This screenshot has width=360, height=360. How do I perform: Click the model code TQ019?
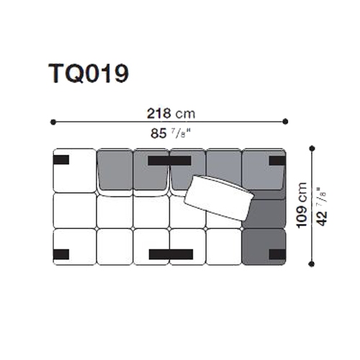[89, 73]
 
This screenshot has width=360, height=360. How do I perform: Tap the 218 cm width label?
[171, 114]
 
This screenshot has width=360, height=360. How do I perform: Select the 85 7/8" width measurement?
[171, 133]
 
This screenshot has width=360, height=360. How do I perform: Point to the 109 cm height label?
[302, 205]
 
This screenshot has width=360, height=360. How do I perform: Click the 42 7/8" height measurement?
[322, 207]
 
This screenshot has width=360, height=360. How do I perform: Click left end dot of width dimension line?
[53, 122]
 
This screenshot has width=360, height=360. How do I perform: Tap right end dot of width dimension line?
[285, 122]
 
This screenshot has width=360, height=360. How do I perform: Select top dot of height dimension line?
[312, 148]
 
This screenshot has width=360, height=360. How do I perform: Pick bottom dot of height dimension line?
[312, 264]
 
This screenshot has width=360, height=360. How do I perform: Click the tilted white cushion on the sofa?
[219, 198]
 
